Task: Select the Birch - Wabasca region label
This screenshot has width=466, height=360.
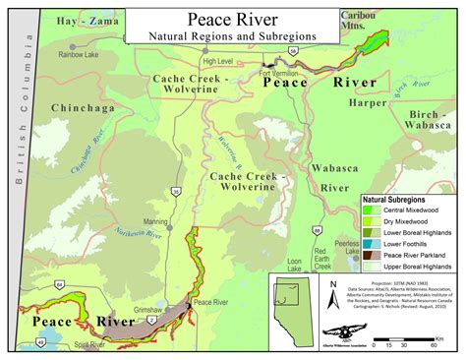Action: (x=427, y=120)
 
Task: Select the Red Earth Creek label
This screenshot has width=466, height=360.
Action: (x=321, y=260)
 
